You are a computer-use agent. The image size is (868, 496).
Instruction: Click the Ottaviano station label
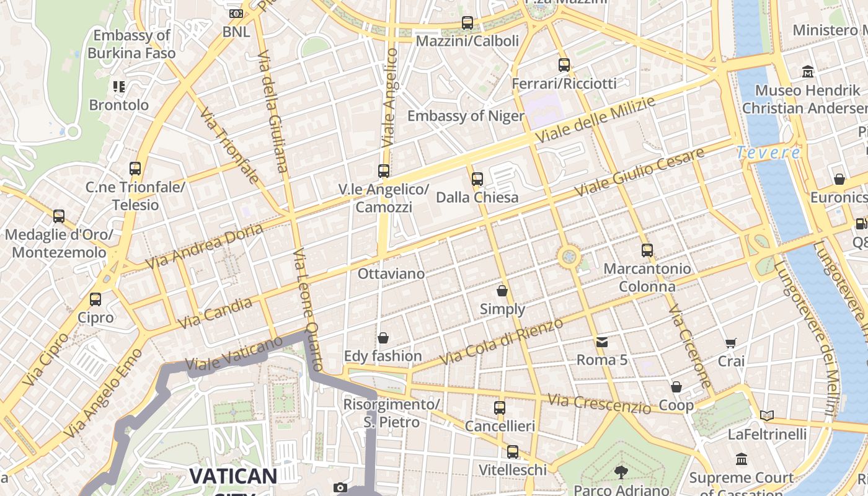coord(391,273)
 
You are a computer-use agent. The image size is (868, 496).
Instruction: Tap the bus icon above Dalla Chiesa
coord(477,179)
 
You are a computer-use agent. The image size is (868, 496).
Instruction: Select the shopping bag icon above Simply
coord(502,290)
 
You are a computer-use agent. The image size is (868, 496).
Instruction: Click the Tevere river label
coord(768,153)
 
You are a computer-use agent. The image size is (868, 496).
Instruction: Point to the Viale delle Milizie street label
coord(595,120)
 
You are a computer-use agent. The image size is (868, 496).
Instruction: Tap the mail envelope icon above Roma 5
coord(601,342)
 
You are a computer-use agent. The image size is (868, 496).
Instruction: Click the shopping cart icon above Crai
coord(731,343)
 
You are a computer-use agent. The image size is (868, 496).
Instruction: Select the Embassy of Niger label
coord(466,116)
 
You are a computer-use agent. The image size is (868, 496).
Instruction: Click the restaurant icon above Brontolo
coord(119,87)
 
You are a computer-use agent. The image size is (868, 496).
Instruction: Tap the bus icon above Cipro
coord(95,299)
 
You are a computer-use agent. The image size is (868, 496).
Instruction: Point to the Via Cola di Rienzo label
coord(501,342)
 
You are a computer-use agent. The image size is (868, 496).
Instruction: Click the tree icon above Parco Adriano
coord(621,472)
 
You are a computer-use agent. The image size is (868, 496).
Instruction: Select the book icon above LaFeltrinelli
coord(767,415)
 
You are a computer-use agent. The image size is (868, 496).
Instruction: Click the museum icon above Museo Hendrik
coord(807,72)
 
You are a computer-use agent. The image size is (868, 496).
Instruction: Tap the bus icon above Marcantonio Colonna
coord(647,250)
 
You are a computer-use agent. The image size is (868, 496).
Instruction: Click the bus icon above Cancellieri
coord(500,408)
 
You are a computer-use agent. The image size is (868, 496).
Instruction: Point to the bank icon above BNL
coord(236,14)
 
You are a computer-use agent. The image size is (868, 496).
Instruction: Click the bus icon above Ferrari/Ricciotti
coord(564,64)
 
